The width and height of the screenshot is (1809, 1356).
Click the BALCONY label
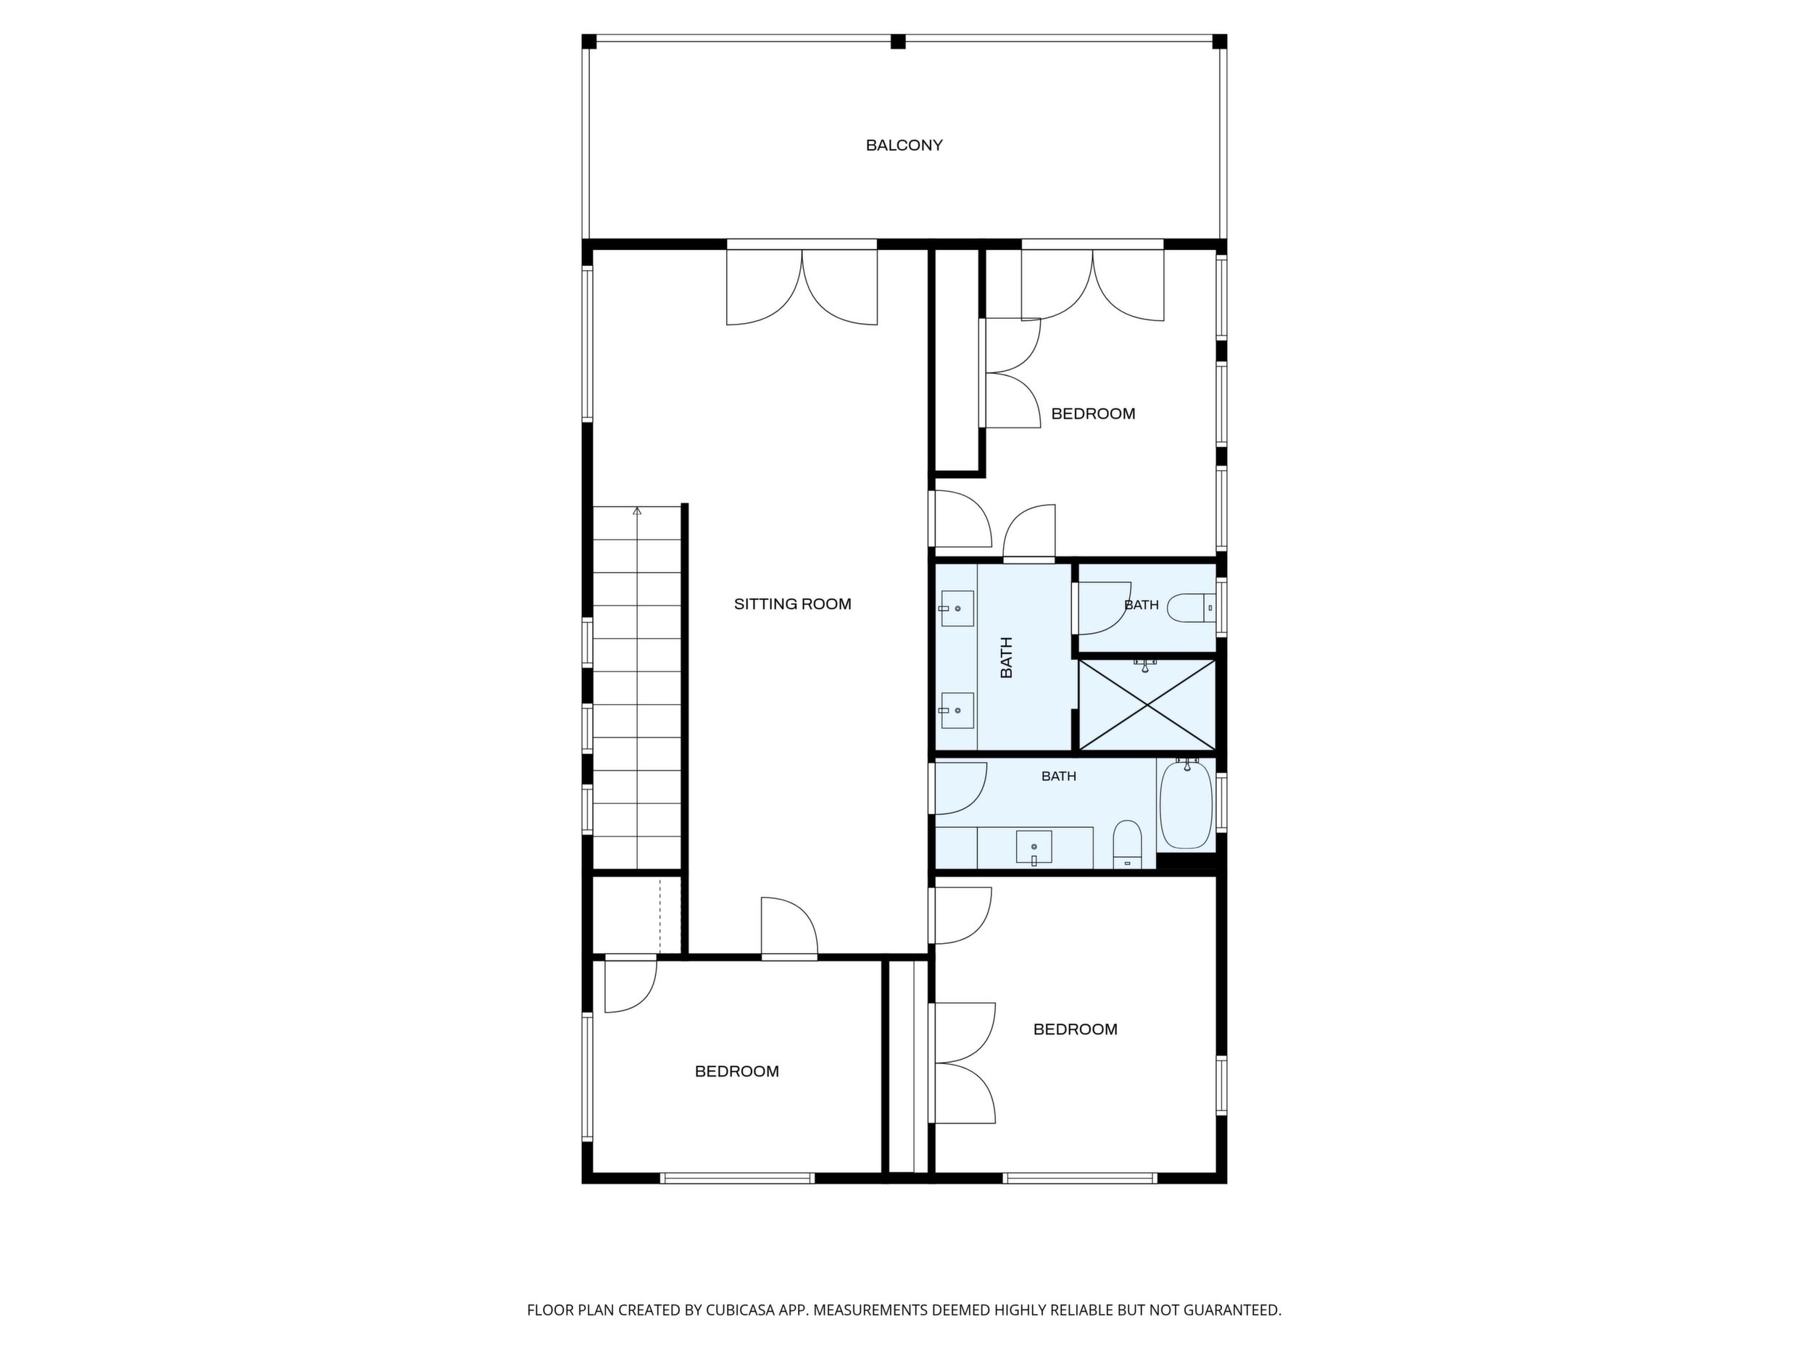(904, 146)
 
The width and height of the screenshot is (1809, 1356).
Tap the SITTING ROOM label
(792, 604)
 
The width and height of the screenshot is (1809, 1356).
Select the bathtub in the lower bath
(1186, 804)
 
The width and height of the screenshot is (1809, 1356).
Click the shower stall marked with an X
(1147, 705)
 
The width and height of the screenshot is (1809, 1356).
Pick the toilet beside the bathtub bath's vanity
(1127, 845)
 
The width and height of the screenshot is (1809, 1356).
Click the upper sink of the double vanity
(957, 608)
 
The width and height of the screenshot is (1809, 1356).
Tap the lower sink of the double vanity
(957, 711)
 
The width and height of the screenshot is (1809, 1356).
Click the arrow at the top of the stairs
(637, 511)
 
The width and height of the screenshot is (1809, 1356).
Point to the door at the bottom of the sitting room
(789, 928)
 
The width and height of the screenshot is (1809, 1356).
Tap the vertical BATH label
(1007, 657)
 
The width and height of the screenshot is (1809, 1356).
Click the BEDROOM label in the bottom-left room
(737, 1071)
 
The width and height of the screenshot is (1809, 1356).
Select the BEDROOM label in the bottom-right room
(1076, 1029)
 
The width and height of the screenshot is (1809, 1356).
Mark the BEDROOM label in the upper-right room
(1093, 414)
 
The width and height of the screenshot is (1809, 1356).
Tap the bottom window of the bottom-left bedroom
(737, 1178)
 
